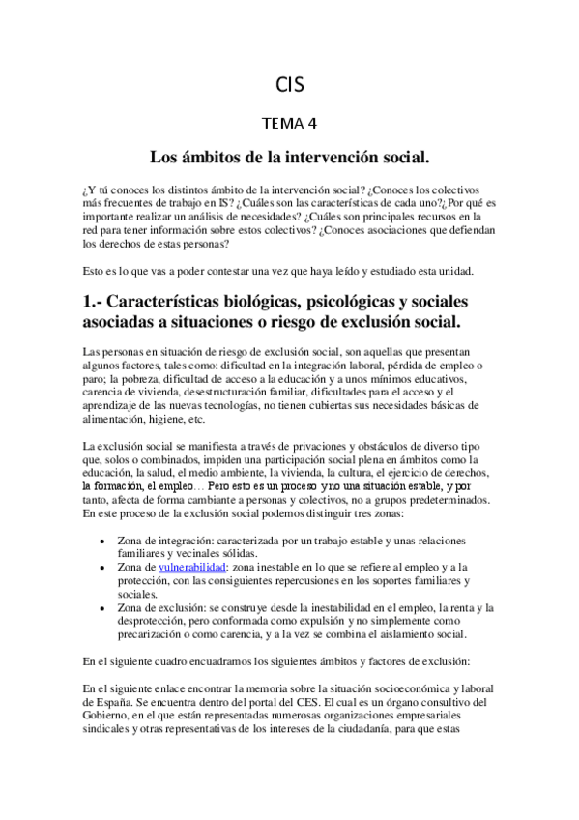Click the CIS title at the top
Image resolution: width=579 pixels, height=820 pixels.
(x=289, y=84)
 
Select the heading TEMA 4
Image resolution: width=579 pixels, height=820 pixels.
(x=289, y=123)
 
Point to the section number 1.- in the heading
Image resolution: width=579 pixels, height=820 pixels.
(x=100, y=300)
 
